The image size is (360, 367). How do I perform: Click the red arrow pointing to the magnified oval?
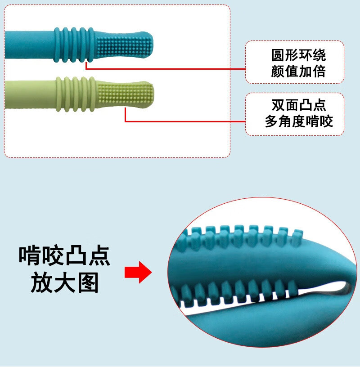click(x=138, y=272)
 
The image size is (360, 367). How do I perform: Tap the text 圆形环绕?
click(x=299, y=55)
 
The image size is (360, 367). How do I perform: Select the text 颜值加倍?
click(x=299, y=71)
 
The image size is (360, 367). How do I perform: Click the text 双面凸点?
click(x=299, y=105)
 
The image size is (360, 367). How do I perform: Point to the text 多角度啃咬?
click(x=299, y=121)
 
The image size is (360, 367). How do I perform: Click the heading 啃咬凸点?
click(x=64, y=255)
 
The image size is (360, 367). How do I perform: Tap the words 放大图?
click(x=64, y=283)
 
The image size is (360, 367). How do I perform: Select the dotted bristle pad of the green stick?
click(x=125, y=95)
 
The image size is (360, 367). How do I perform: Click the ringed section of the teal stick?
click(x=74, y=45)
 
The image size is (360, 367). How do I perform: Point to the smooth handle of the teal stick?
click(x=29, y=45)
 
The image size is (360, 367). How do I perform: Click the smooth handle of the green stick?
click(x=30, y=94)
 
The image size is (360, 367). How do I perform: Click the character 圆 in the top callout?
click(x=278, y=55)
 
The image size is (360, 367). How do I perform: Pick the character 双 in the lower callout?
click(x=278, y=105)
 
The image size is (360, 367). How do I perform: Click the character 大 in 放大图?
click(x=64, y=283)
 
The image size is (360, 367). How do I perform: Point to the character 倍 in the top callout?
click(x=319, y=71)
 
